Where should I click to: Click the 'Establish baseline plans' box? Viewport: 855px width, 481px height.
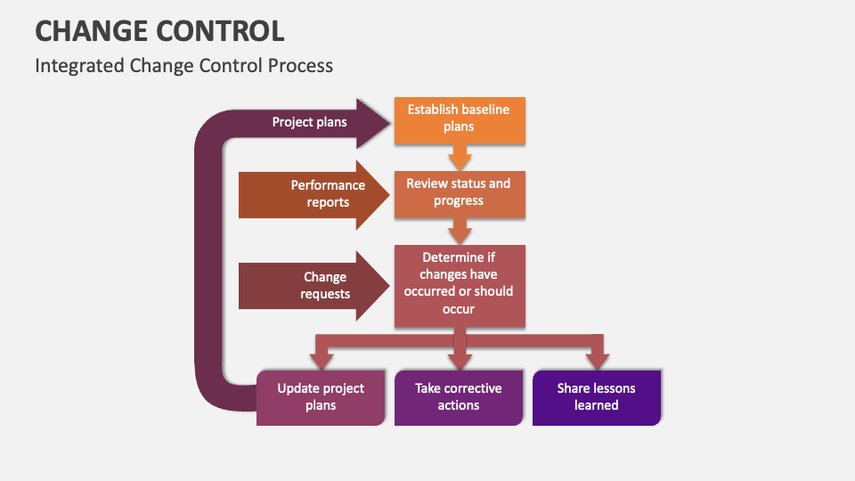point(459,119)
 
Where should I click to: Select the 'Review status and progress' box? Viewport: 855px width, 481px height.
point(459,192)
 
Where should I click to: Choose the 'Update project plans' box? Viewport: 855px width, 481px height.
point(321,397)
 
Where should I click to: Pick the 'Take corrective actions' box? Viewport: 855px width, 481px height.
point(459,397)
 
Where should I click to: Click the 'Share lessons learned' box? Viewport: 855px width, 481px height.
point(597,397)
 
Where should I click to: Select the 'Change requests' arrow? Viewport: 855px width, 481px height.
point(312,286)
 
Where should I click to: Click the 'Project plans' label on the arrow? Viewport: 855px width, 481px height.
point(309,123)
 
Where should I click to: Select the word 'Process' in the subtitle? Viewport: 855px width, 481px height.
point(303,66)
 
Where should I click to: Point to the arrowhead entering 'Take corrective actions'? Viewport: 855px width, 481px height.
point(460,358)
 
